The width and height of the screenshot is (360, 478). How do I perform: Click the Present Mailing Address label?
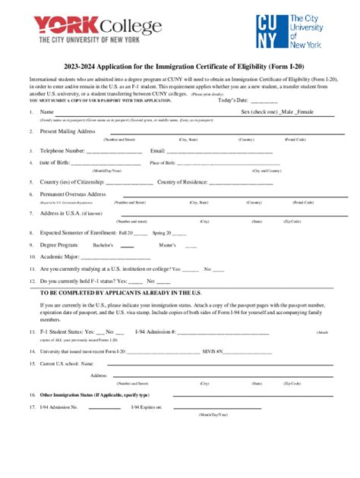(68, 131)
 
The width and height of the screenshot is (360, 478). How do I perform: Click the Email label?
(158, 151)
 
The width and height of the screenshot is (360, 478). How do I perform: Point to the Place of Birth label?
(163, 163)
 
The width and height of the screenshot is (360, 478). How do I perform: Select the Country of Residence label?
(182, 182)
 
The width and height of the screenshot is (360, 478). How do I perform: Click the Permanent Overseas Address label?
(73, 194)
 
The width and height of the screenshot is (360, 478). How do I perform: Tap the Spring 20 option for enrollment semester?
(163, 232)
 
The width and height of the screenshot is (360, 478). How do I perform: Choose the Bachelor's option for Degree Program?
(103, 245)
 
